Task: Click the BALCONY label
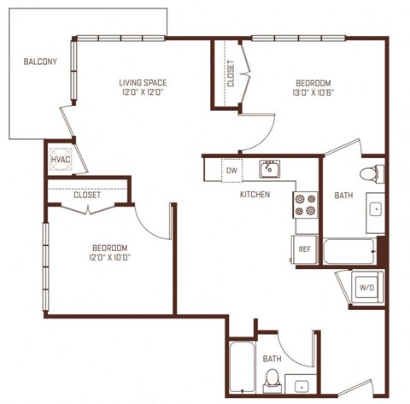click(40, 61)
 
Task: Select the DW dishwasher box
click(231, 170)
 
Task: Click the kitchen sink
click(269, 169)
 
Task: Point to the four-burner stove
click(306, 205)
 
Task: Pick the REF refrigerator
click(304, 249)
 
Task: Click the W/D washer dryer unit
click(367, 287)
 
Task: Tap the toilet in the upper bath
click(372, 173)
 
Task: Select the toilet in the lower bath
click(272, 380)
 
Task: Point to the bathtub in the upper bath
click(350, 251)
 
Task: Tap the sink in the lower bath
click(301, 384)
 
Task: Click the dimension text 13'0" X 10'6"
click(313, 93)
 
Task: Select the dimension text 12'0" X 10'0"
click(109, 257)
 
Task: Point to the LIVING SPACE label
click(143, 83)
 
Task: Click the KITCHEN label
click(255, 195)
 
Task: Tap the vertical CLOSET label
click(231, 73)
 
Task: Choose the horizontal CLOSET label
click(87, 195)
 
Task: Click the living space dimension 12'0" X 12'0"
click(143, 93)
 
